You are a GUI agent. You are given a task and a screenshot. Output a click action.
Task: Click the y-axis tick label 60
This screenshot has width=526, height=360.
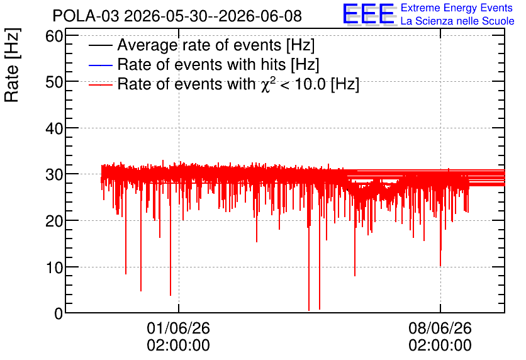[54, 36]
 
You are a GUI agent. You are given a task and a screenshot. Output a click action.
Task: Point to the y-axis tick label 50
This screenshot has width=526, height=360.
[54, 82]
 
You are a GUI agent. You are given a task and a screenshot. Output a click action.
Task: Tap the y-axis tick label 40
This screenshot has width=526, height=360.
[54, 128]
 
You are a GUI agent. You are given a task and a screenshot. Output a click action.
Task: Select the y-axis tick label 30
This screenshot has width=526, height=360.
[54, 175]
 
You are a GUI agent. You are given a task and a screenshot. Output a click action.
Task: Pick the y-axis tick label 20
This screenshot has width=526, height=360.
[54, 221]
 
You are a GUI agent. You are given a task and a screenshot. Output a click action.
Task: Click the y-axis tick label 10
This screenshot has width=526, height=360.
[54, 267]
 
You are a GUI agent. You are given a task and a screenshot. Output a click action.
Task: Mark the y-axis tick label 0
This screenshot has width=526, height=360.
[59, 313]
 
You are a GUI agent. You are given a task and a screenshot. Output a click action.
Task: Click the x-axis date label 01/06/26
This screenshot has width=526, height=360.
[179, 328]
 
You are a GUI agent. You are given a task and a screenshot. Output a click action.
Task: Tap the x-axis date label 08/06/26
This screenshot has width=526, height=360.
[440, 328]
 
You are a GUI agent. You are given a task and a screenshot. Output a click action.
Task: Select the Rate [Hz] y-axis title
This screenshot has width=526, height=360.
[12, 65]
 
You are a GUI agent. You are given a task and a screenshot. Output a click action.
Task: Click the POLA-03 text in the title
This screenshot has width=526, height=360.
[86, 16]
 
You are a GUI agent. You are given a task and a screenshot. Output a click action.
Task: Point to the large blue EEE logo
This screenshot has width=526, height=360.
[369, 14]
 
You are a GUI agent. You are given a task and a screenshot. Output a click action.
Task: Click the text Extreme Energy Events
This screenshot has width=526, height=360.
[457, 8]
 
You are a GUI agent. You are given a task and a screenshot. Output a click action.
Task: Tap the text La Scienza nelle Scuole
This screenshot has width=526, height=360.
[457, 21]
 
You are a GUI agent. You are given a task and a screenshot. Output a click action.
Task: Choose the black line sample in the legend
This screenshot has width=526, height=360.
[100, 45]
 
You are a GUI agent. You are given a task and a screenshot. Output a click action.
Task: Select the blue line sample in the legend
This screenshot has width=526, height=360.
[100, 65]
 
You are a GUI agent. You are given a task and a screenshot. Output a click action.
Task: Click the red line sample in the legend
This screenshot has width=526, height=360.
[100, 84]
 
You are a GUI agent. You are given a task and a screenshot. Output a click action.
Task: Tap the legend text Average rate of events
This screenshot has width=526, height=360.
[199, 45]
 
